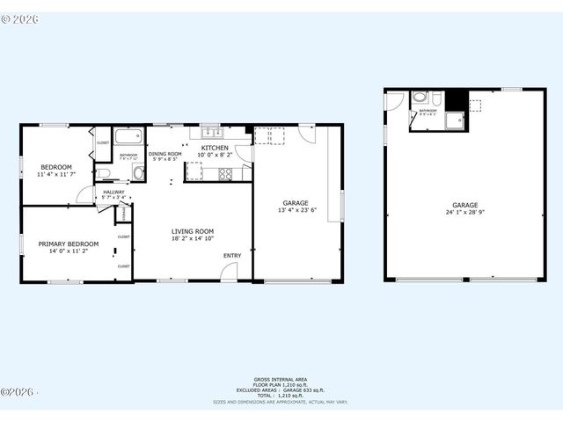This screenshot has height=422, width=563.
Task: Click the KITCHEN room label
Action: (215, 148)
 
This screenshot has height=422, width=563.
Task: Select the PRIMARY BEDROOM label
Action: (68, 244)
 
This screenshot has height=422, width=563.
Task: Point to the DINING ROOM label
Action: (165, 154)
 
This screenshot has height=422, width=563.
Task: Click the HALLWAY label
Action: (113, 192)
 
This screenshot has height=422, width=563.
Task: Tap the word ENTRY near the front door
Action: (231, 256)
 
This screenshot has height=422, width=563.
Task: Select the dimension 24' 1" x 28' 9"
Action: (464, 212)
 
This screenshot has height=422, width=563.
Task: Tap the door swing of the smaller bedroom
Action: (84, 194)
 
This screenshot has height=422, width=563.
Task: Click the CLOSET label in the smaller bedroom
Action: (102, 142)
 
